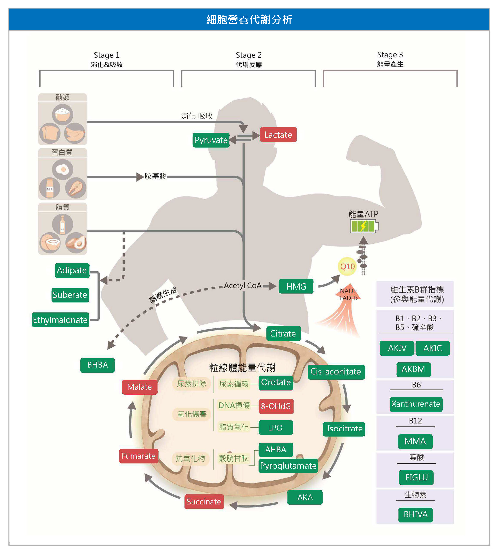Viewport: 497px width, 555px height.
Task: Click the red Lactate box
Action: point(278,135)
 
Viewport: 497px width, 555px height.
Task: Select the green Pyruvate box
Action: point(211,140)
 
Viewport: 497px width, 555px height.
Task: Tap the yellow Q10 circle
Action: point(347,266)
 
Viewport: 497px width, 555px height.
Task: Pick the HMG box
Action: point(296,286)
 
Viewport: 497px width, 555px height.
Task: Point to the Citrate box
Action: point(283,333)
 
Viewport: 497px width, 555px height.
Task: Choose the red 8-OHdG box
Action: point(276,406)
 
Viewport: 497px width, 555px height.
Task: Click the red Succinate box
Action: point(204,502)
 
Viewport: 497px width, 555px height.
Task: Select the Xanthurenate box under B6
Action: point(416,404)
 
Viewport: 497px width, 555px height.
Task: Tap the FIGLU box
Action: point(416,477)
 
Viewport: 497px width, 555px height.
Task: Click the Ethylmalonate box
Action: point(60,320)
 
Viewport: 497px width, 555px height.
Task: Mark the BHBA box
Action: point(97,365)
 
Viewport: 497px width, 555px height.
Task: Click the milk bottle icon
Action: point(50,188)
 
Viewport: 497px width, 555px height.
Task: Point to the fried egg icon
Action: point(63,169)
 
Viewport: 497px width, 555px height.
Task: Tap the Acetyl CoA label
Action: point(242,286)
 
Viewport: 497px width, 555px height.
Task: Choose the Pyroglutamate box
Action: point(288,466)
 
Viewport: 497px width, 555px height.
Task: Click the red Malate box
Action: point(140,387)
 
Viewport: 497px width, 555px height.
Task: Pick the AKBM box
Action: point(413,369)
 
